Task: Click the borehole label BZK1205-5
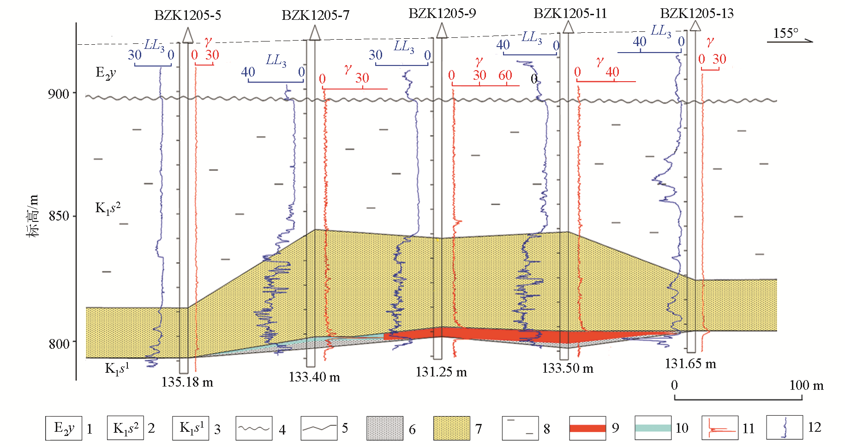tap(187, 15)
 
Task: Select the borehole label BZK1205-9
tap(442, 13)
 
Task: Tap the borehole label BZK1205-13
tap(696, 13)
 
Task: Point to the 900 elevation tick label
tap(58, 94)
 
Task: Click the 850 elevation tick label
tap(59, 216)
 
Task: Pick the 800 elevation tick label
tap(59, 344)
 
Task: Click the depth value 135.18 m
tap(187, 382)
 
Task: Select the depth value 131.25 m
tap(441, 372)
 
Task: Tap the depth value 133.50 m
tap(568, 368)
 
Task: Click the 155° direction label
tap(785, 33)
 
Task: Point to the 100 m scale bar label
tap(806, 385)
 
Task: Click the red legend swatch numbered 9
tap(587, 428)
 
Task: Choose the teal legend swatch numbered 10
tap(653, 428)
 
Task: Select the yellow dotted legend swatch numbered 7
tap(451, 428)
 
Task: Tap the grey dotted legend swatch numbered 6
tap(384, 428)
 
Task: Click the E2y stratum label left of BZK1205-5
tap(106, 72)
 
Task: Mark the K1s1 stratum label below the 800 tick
tap(117, 368)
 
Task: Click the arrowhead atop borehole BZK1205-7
tap(315, 33)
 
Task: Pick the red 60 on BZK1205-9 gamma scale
tap(505, 75)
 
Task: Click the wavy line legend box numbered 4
tap(254, 428)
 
